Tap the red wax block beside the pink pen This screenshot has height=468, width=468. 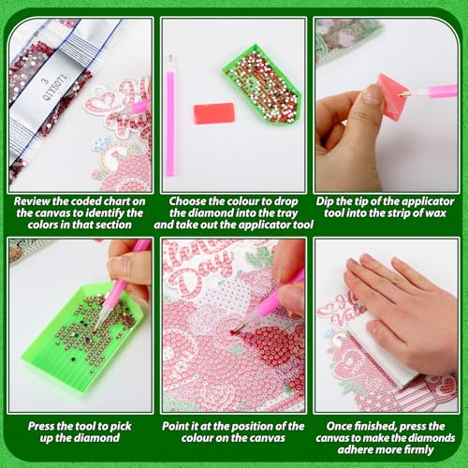click(214, 113)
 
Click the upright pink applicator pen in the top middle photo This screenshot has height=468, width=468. click(170, 115)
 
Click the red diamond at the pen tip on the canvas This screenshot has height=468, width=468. click(234, 332)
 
